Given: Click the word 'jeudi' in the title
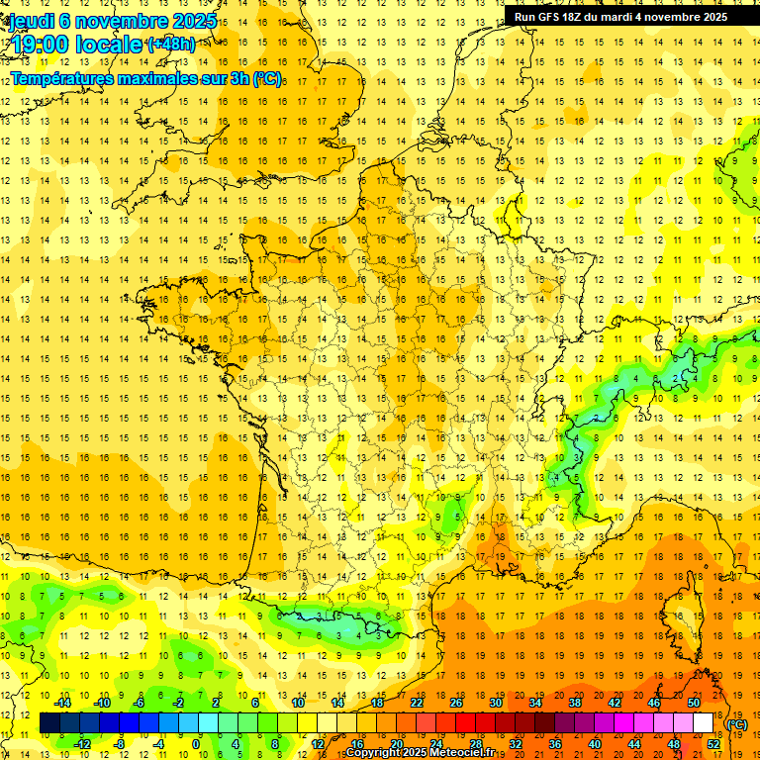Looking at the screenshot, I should click(x=31, y=20).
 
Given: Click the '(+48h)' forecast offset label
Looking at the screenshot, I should click(x=171, y=45).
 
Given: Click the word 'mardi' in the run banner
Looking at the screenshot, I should click(x=631, y=17).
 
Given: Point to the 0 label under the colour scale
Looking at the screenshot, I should click(x=196, y=744).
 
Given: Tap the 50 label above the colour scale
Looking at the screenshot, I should click(x=693, y=703).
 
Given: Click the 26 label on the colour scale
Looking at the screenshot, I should click(x=455, y=703).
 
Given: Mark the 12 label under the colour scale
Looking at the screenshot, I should click(x=317, y=744).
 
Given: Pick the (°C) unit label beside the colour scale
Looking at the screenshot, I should click(x=737, y=724).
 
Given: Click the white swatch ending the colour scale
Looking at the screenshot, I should click(x=703, y=723).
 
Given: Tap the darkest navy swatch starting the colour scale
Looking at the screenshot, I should click(x=49, y=723).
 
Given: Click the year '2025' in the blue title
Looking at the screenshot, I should click(x=188, y=20).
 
